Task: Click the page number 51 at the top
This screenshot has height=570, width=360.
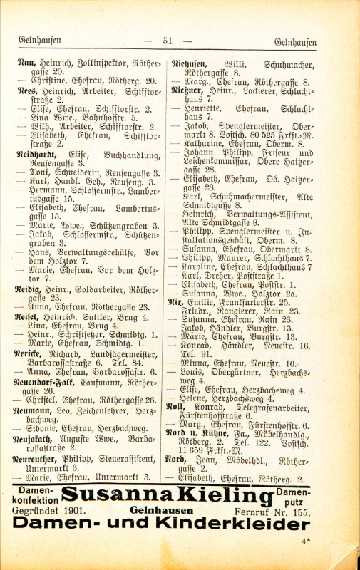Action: (x=168, y=41)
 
